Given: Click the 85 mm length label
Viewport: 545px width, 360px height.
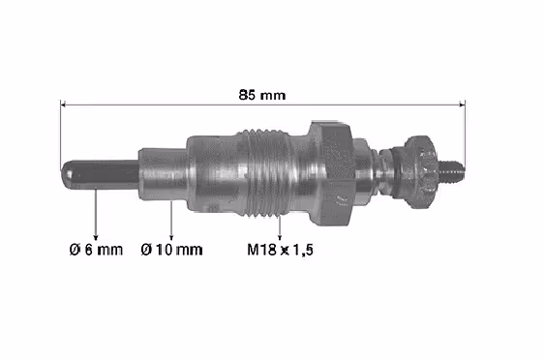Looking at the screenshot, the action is click(262, 95).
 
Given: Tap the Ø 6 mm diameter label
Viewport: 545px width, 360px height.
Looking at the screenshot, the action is click(96, 250).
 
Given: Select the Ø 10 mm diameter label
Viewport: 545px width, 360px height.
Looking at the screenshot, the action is click(171, 250).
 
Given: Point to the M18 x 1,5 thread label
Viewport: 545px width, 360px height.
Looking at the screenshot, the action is click(280, 250).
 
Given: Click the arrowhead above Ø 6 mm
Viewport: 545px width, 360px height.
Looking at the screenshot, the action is click(96, 236).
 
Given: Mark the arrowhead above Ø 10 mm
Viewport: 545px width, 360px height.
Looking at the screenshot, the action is click(171, 236).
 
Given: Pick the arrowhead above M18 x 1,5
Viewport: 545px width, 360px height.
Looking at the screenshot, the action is click(280, 236).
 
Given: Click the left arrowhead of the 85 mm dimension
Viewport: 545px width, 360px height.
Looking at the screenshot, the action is click(63, 105).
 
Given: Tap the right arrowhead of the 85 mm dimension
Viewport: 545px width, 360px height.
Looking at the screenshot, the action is click(462, 105).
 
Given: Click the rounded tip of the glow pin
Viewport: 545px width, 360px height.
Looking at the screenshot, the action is click(65, 174).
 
